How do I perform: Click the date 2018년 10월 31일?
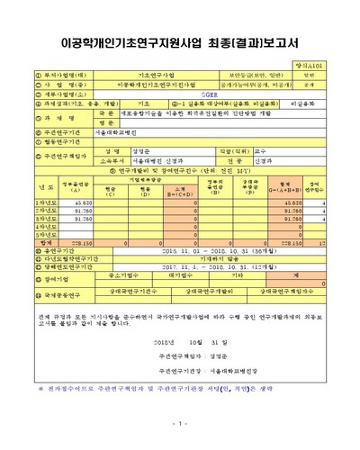180,343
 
